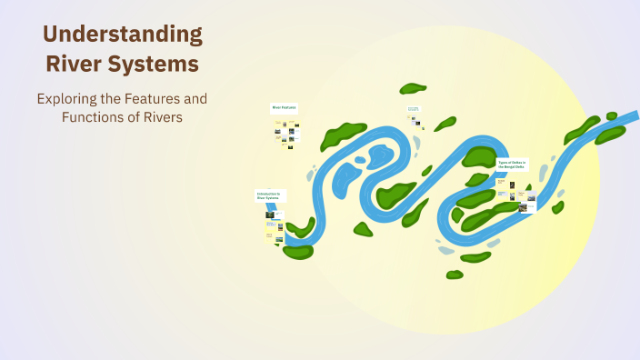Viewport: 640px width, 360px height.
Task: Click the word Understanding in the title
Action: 123,35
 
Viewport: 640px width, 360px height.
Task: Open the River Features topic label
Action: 285,107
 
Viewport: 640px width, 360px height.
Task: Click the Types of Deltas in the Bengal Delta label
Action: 512,165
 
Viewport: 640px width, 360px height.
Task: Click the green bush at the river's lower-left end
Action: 297,251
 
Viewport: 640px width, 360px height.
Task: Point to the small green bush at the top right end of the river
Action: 612,115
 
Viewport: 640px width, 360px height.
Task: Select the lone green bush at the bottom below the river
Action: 455,274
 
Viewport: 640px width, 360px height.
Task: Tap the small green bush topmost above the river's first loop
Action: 413,88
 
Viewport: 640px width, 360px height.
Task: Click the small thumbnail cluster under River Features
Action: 285,134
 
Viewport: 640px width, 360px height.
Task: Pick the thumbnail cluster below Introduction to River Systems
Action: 274,225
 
